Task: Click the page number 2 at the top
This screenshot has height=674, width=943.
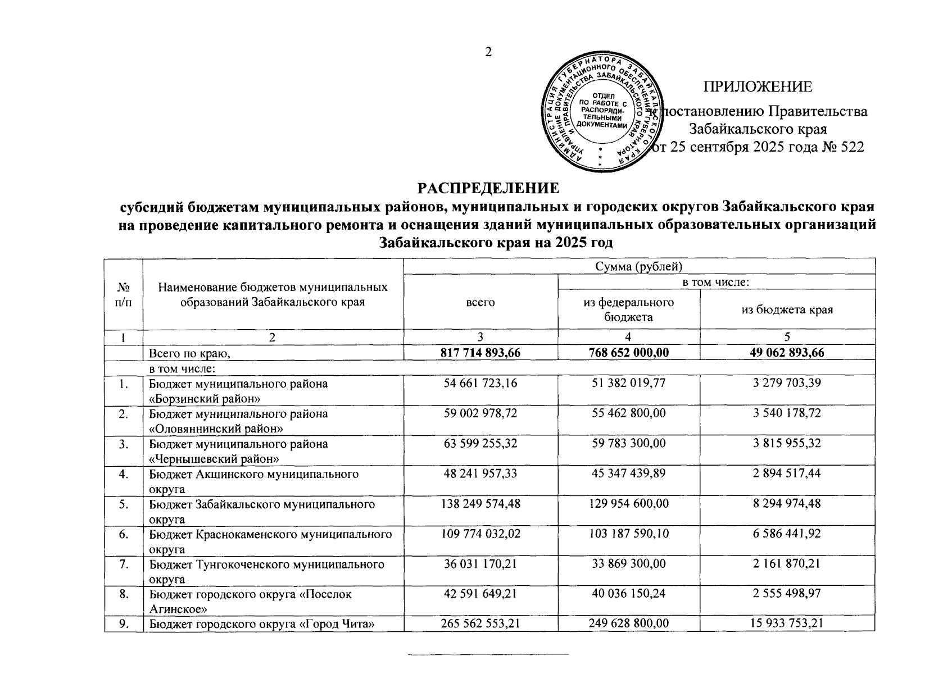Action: [x=488, y=52]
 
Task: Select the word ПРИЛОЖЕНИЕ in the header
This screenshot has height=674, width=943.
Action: [x=758, y=86]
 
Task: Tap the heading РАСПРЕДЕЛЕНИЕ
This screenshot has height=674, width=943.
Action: [x=488, y=187]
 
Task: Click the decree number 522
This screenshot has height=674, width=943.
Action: [x=849, y=147]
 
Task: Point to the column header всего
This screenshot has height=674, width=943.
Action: [x=480, y=302]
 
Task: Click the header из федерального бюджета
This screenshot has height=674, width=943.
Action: [x=628, y=309]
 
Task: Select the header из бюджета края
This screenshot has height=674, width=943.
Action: [x=787, y=309]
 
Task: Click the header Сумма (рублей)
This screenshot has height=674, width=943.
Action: [x=639, y=266]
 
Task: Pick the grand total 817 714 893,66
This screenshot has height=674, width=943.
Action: [x=480, y=353]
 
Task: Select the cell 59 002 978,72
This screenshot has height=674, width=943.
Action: [x=480, y=413]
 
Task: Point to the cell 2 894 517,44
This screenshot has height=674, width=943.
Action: [x=787, y=473]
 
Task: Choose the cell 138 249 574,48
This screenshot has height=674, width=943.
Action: [x=480, y=504]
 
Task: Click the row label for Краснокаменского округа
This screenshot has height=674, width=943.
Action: [x=270, y=534]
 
